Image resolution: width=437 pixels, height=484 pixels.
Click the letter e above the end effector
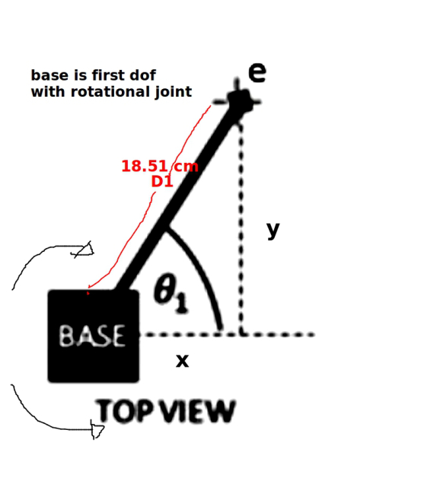point(257,73)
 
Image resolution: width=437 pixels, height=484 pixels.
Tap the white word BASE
point(92,336)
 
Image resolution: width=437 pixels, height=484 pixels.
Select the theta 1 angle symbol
point(171,293)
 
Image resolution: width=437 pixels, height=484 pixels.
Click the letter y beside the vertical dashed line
point(273,230)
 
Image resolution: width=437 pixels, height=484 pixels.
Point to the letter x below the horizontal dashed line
point(182,361)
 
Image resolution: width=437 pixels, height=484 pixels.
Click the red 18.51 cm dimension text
point(160,167)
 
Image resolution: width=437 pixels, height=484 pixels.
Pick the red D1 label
point(162,181)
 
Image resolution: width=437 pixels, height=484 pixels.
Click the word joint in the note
point(174,92)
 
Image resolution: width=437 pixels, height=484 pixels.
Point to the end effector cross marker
point(238,101)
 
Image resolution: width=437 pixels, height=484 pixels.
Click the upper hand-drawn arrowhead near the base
point(84,250)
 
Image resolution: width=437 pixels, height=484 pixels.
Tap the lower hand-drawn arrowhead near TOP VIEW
point(97,429)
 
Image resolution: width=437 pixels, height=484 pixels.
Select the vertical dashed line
point(241,228)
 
